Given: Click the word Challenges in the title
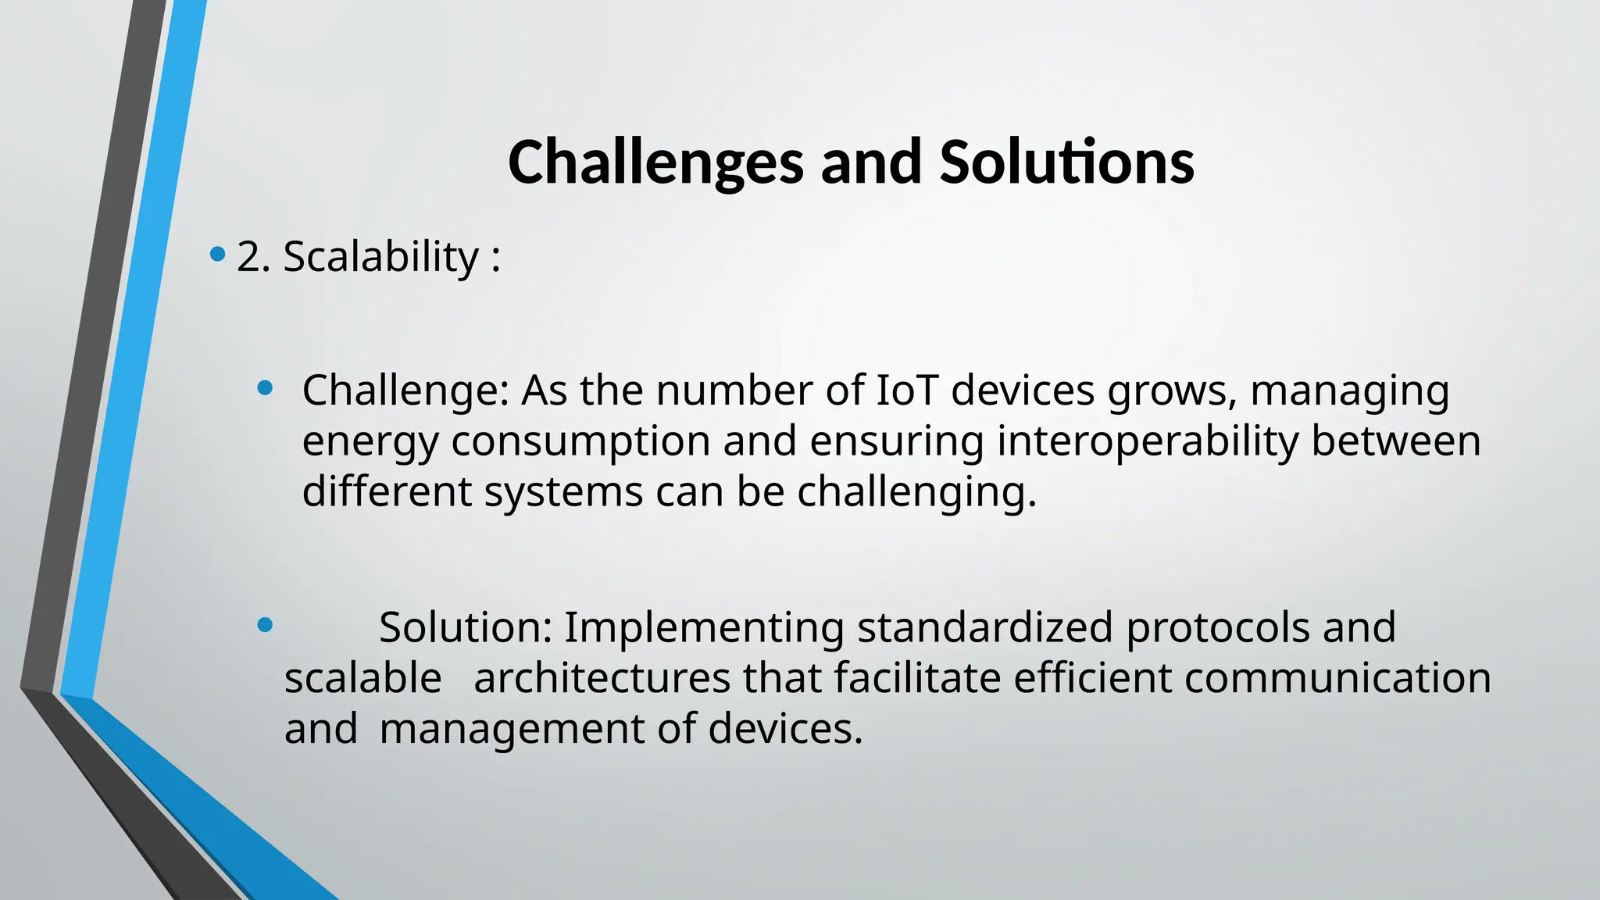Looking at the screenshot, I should pyautogui.click(x=655, y=162).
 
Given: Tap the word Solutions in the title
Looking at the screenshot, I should pyautogui.click(x=1066, y=162).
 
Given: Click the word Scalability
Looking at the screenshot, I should pyautogui.click(x=380, y=257).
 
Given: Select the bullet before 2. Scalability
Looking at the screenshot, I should pyautogui.click(x=218, y=254).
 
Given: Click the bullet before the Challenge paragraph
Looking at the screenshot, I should pyautogui.click(x=265, y=387).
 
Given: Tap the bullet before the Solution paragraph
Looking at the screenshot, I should pyautogui.click(x=265, y=624).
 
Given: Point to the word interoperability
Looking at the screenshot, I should pyautogui.click(x=1147, y=441).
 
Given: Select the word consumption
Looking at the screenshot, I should pyautogui.click(x=580, y=442).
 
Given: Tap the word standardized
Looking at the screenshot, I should pyautogui.click(x=984, y=627).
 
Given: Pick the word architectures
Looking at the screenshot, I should pyautogui.click(x=602, y=677).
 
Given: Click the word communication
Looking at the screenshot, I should pyautogui.click(x=1337, y=677).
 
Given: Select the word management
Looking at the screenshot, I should pyautogui.click(x=511, y=730).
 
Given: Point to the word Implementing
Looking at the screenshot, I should pyautogui.click(x=703, y=628).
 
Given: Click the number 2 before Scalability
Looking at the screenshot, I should pyautogui.click(x=248, y=257).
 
